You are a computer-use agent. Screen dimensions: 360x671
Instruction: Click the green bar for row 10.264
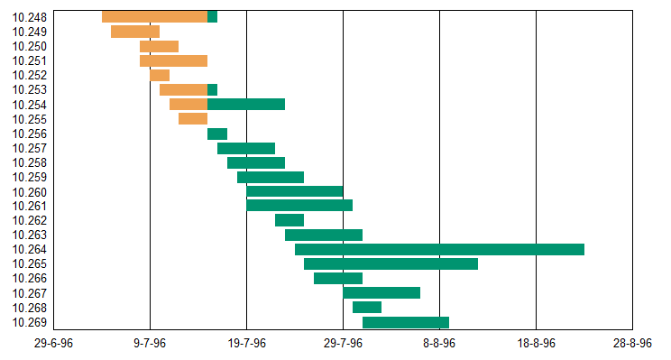[439, 249]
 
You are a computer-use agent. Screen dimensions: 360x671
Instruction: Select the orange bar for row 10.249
[134, 32]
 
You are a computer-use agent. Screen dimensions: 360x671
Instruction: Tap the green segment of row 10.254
[246, 105]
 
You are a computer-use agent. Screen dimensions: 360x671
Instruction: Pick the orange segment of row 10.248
[154, 16]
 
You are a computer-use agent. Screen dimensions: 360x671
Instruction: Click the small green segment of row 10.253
[212, 89]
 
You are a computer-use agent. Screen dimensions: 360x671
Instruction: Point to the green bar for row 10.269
[405, 322]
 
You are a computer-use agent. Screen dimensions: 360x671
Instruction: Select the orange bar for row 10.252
[160, 75]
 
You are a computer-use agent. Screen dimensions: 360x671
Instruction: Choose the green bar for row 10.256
[217, 134]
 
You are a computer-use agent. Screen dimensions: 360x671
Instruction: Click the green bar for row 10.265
[391, 263]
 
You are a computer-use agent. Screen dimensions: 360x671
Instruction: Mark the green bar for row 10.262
[290, 220]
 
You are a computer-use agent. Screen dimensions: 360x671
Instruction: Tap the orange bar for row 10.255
[193, 119]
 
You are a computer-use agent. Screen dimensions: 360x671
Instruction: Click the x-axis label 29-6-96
[53, 344]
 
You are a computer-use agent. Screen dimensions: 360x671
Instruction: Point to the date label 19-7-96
[246, 344]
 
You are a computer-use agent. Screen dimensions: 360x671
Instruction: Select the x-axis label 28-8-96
[632, 344]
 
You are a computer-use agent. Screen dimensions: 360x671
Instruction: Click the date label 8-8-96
[439, 344]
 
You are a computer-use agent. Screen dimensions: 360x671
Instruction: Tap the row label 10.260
[31, 192]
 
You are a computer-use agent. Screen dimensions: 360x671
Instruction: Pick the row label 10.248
[31, 17]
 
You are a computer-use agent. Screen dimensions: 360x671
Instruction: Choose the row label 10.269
[31, 323]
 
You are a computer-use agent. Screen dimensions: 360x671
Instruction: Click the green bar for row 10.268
[366, 308]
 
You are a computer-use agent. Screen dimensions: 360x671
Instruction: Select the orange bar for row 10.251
[173, 60]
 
